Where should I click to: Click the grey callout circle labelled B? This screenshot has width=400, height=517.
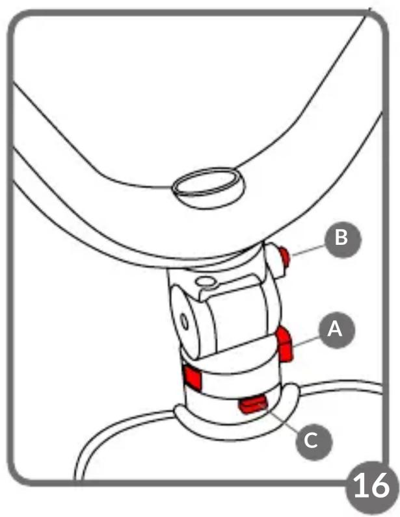click(x=343, y=239)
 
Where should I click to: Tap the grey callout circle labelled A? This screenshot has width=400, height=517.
click(x=336, y=329)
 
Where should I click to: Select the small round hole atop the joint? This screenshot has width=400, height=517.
click(x=205, y=282)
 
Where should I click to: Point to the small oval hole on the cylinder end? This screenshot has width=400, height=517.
click(x=183, y=322)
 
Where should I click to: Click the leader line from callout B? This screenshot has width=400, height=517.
click(x=308, y=250)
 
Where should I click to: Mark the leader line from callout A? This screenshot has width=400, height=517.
click(x=306, y=341)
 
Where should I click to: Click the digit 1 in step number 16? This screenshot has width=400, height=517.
click(x=361, y=485)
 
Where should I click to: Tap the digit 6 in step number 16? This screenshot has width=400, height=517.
click(x=380, y=485)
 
